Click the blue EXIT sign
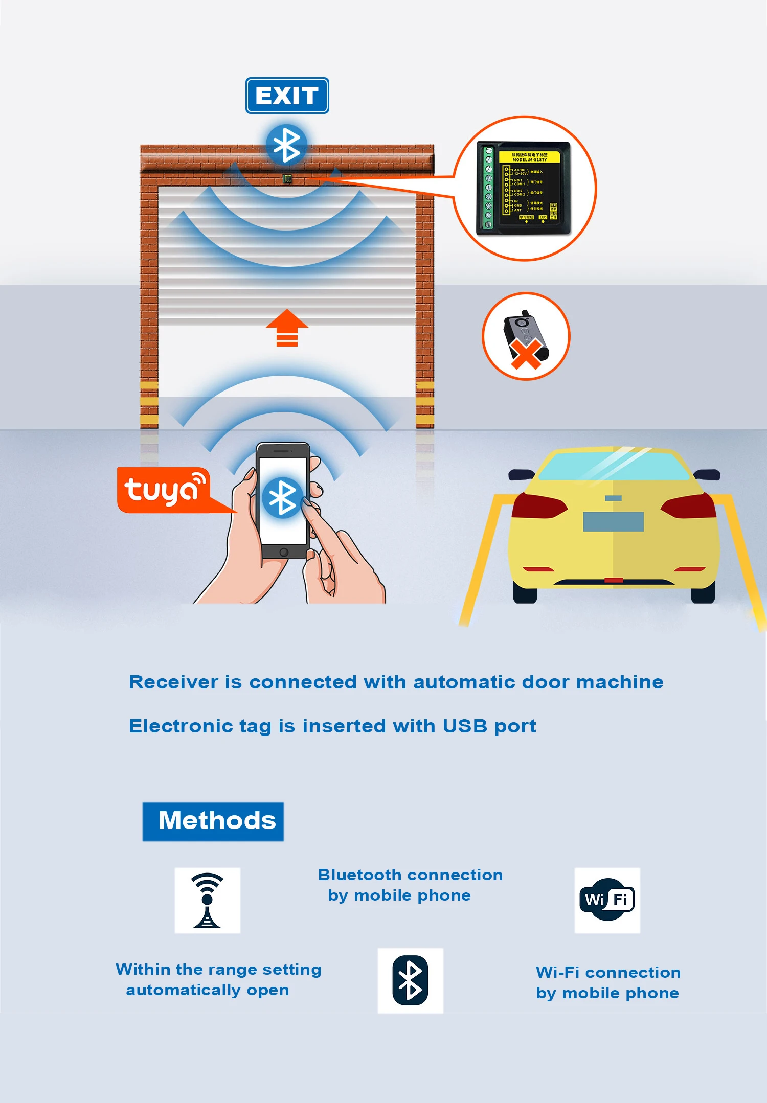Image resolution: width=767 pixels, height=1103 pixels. tap(287, 96)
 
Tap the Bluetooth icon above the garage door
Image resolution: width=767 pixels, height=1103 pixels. tap(286, 145)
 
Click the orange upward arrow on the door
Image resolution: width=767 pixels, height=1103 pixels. tap(287, 327)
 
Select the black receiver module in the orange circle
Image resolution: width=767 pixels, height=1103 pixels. tap(523, 188)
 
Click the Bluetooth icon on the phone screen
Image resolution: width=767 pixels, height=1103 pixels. tap(283, 497)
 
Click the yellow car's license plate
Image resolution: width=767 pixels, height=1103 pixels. tap(613, 522)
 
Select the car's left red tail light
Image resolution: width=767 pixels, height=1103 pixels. tap(538, 506)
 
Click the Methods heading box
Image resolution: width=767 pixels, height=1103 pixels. tap(213, 821)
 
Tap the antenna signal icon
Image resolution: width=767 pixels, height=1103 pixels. tap(207, 900)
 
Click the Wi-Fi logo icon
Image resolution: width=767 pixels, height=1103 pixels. tap(607, 900)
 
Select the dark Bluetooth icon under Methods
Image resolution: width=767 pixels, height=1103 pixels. tap(410, 980)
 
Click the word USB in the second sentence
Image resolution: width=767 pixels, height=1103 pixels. tap(464, 726)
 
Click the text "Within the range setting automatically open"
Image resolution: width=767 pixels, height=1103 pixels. tap(218, 979)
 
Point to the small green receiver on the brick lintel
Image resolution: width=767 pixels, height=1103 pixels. tap(287, 179)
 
